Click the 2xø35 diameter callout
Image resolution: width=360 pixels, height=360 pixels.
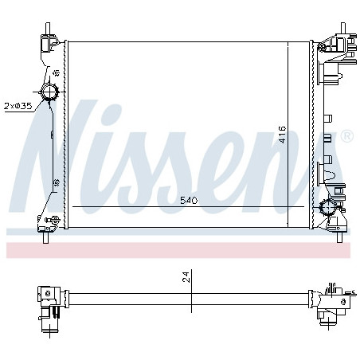coord(18,106)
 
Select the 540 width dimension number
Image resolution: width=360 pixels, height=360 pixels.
coord(189,201)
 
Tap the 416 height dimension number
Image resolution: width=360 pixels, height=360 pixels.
coord(283,135)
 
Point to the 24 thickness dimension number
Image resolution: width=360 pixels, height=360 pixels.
coord(187,277)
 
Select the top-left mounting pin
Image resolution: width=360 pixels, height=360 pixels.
coord(48,29)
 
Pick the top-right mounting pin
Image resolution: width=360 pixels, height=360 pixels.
coord(342,29)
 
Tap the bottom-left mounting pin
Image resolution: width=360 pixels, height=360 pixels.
coord(45,237)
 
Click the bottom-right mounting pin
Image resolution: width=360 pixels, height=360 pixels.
coord(339,237)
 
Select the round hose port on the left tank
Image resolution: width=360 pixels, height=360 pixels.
coord(49,92)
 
